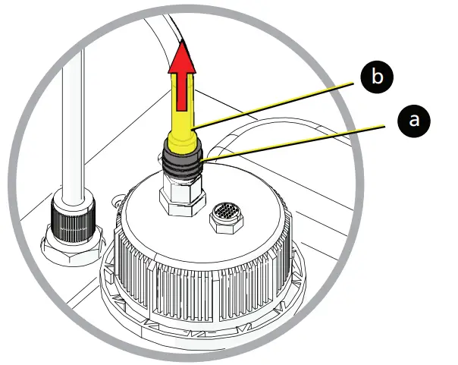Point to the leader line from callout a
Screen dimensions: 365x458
296,140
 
